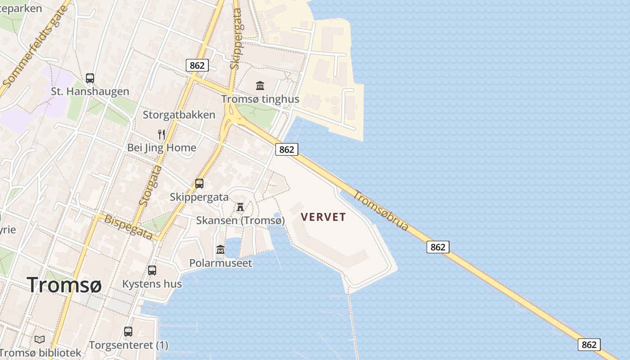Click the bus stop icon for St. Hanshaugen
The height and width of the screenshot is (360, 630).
(x=90, y=78)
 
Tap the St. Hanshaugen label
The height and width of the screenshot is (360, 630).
(x=90, y=91)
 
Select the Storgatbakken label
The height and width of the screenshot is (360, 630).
(x=179, y=115)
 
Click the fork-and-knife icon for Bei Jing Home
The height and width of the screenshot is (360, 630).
(x=162, y=134)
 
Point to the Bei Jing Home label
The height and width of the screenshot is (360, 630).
(x=162, y=148)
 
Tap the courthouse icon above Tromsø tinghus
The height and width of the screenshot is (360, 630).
(x=260, y=85)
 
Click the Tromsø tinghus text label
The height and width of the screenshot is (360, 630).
(x=260, y=99)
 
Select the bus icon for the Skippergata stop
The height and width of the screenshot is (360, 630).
(x=199, y=184)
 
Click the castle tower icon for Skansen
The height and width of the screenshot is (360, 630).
(x=240, y=207)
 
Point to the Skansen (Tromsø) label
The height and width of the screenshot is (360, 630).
(x=240, y=220)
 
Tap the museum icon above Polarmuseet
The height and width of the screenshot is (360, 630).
(x=220, y=249)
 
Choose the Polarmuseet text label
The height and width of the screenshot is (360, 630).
(x=220, y=263)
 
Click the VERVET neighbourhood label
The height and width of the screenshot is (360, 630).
(x=324, y=217)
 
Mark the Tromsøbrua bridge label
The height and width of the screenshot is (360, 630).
(x=381, y=211)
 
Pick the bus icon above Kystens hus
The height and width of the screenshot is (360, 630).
(x=152, y=270)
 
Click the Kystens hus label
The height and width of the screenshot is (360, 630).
(x=152, y=284)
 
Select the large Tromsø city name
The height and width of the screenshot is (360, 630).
(x=64, y=285)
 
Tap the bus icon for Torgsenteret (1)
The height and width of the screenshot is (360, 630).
(x=128, y=332)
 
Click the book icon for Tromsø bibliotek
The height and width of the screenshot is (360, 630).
(x=40, y=339)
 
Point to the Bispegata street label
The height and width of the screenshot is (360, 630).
(x=128, y=227)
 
